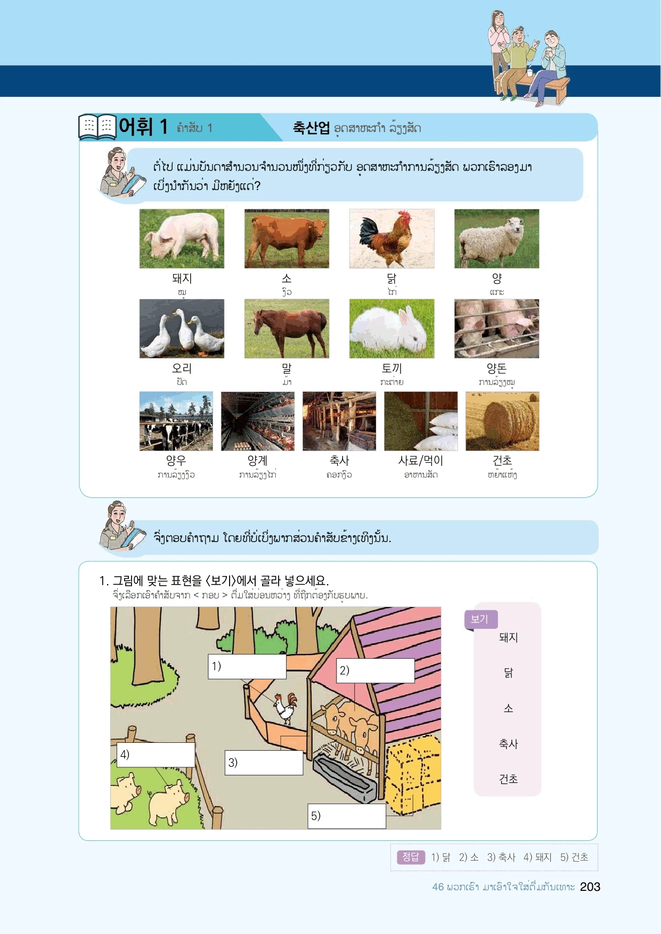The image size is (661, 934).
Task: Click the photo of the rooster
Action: coord(391,239)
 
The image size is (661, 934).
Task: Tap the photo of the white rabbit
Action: coord(391,329)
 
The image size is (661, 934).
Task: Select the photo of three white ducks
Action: coord(182,329)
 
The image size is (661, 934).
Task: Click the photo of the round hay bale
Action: coord(502,421)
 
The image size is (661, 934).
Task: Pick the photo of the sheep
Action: coord(496,239)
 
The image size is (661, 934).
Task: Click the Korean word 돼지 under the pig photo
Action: coord(182,278)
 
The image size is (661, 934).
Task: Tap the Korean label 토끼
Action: coord(391,368)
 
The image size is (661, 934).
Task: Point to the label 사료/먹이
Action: coord(421,461)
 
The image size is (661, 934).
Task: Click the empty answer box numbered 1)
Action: coord(247,667)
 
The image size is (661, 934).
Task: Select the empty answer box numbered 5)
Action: coord(347,816)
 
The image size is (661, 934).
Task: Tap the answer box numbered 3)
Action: coord(264,763)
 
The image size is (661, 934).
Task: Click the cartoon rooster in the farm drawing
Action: coord(285,708)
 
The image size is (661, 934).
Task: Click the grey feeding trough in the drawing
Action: coord(344,779)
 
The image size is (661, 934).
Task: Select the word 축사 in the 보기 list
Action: coord(508,744)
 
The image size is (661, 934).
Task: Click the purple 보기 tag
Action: coord(481,619)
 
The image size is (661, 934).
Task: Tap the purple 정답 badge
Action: coord(411,857)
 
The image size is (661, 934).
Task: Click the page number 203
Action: coord(590,887)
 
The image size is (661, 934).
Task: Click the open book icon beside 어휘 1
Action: coord(97,127)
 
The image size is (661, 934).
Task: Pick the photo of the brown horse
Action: coord(287,329)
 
